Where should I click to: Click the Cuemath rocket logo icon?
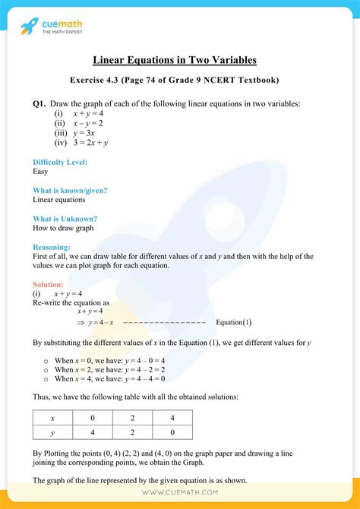pyautogui.click(x=30, y=27)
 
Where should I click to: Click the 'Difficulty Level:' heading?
pyautogui.click(x=60, y=162)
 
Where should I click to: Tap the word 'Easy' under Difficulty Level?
pyautogui.click(x=41, y=172)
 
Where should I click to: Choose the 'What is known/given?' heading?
pyautogui.click(x=70, y=190)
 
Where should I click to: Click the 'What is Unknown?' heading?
pyautogui.click(x=65, y=218)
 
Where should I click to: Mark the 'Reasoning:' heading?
pyautogui.click(x=52, y=247)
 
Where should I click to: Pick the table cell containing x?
pyautogui.click(x=52, y=418)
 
